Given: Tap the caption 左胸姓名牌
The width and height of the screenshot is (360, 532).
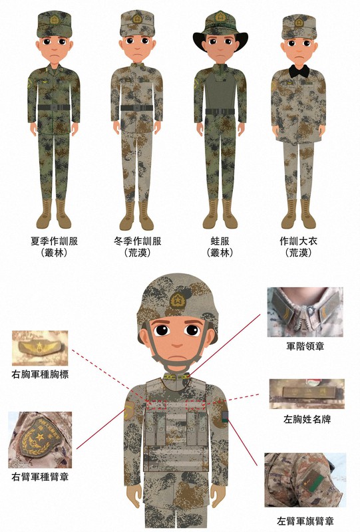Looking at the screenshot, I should [305, 420].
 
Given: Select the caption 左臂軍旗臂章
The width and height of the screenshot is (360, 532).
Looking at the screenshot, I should [305, 520].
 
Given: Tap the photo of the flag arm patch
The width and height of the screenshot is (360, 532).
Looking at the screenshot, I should [304, 480].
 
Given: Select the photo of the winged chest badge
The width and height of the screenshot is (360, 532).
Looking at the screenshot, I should [41, 348].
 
